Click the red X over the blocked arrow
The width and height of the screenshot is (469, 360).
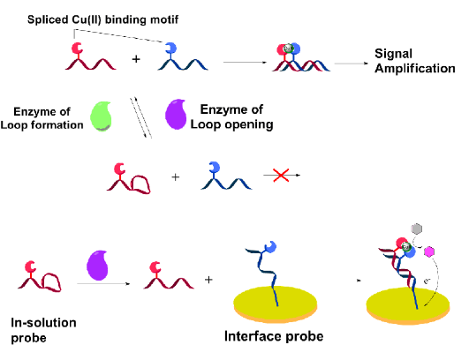click(x=281, y=175)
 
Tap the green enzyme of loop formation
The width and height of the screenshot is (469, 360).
click(x=102, y=116)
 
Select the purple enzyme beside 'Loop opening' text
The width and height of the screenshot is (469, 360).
click(x=176, y=115)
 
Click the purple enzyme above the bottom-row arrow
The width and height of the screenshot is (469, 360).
click(x=97, y=266)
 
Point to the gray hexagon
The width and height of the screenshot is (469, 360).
click(x=417, y=229)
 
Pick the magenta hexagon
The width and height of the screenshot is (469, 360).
click(x=429, y=251)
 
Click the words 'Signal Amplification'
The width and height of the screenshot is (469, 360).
click(x=415, y=61)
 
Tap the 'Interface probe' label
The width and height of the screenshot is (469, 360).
click(x=274, y=336)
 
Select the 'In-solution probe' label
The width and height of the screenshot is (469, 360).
click(x=43, y=330)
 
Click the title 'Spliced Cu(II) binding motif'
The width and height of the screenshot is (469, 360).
click(x=102, y=19)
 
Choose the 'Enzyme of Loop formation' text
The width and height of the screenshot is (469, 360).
click(x=42, y=118)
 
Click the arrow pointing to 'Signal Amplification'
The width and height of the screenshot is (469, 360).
click(x=352, y=64)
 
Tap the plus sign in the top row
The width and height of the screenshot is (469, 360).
click(x=136, y=59)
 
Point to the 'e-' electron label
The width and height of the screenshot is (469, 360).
click(x=427, y=281)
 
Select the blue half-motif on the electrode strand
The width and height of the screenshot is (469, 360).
click(x=270, y=247)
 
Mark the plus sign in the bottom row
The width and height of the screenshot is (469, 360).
click(x=208, y=280)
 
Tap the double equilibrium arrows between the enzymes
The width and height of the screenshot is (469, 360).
click(x=141, y=117)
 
